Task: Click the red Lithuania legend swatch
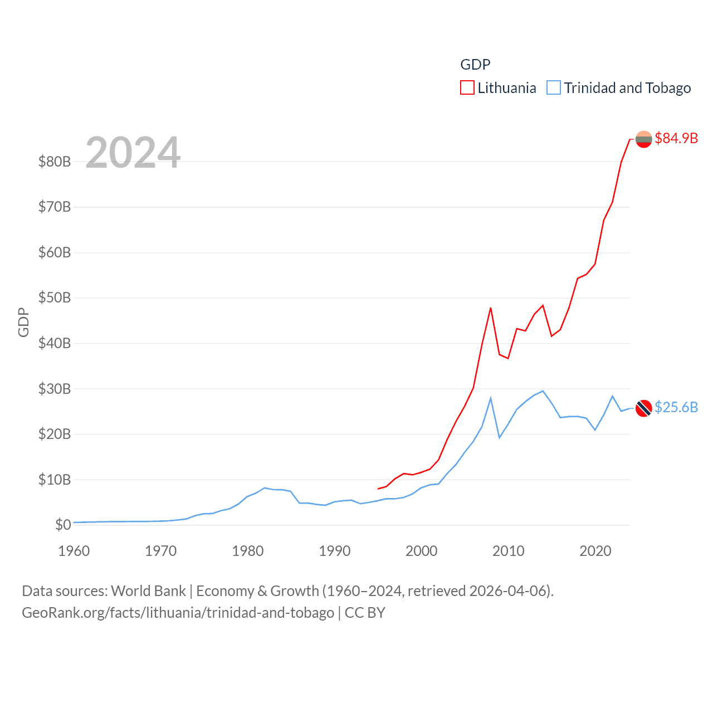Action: (x=467, y=88)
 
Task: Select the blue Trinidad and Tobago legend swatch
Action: (x=553, y=88)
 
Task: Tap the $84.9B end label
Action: (x=676, y=138)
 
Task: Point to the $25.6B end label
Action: (x=676, y=407)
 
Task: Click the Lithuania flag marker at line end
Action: (x=643, y=139)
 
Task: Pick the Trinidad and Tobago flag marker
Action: (x=643, y=408)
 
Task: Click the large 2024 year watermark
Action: (x=133, y=153)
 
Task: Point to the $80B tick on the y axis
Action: (x=55, y=162)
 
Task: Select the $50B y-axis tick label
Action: (x=55, y=297)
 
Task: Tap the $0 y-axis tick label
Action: (x=63, y=525)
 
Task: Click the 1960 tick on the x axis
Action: (x=74, y=551)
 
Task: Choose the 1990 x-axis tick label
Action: (x=335, y=551)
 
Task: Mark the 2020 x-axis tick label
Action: (x=595, y=551)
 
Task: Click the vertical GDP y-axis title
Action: (x=23, y=322)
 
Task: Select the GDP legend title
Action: (x=475, y=65)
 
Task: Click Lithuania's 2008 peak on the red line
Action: (x=491, y=307)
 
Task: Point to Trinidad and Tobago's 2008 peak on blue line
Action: (x=491, y=398)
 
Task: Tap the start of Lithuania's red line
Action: (x=378, y=489)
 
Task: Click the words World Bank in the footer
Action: (x=149, y=590)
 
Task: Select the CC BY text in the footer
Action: (x=365, y=613)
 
